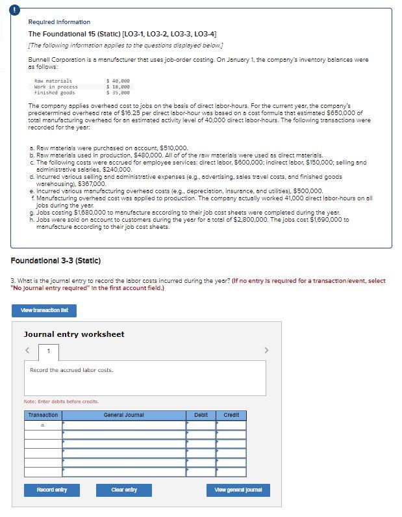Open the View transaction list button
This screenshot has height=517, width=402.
coord(44,310)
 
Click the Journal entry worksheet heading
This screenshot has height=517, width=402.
coord(74,334)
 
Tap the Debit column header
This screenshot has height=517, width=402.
coord(201,415)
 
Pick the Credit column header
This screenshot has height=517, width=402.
coord(231,415)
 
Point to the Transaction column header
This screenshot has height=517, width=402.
coord(43,415)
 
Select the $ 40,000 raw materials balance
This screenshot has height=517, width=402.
coord(118,81)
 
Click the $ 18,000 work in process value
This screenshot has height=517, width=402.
coord(118,87)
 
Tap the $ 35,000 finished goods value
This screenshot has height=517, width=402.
coord(118,93)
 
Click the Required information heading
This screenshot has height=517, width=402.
coord(59,22)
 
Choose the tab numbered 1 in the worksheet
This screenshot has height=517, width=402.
coord(47,352)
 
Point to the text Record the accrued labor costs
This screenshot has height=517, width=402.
coord(71,370)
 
